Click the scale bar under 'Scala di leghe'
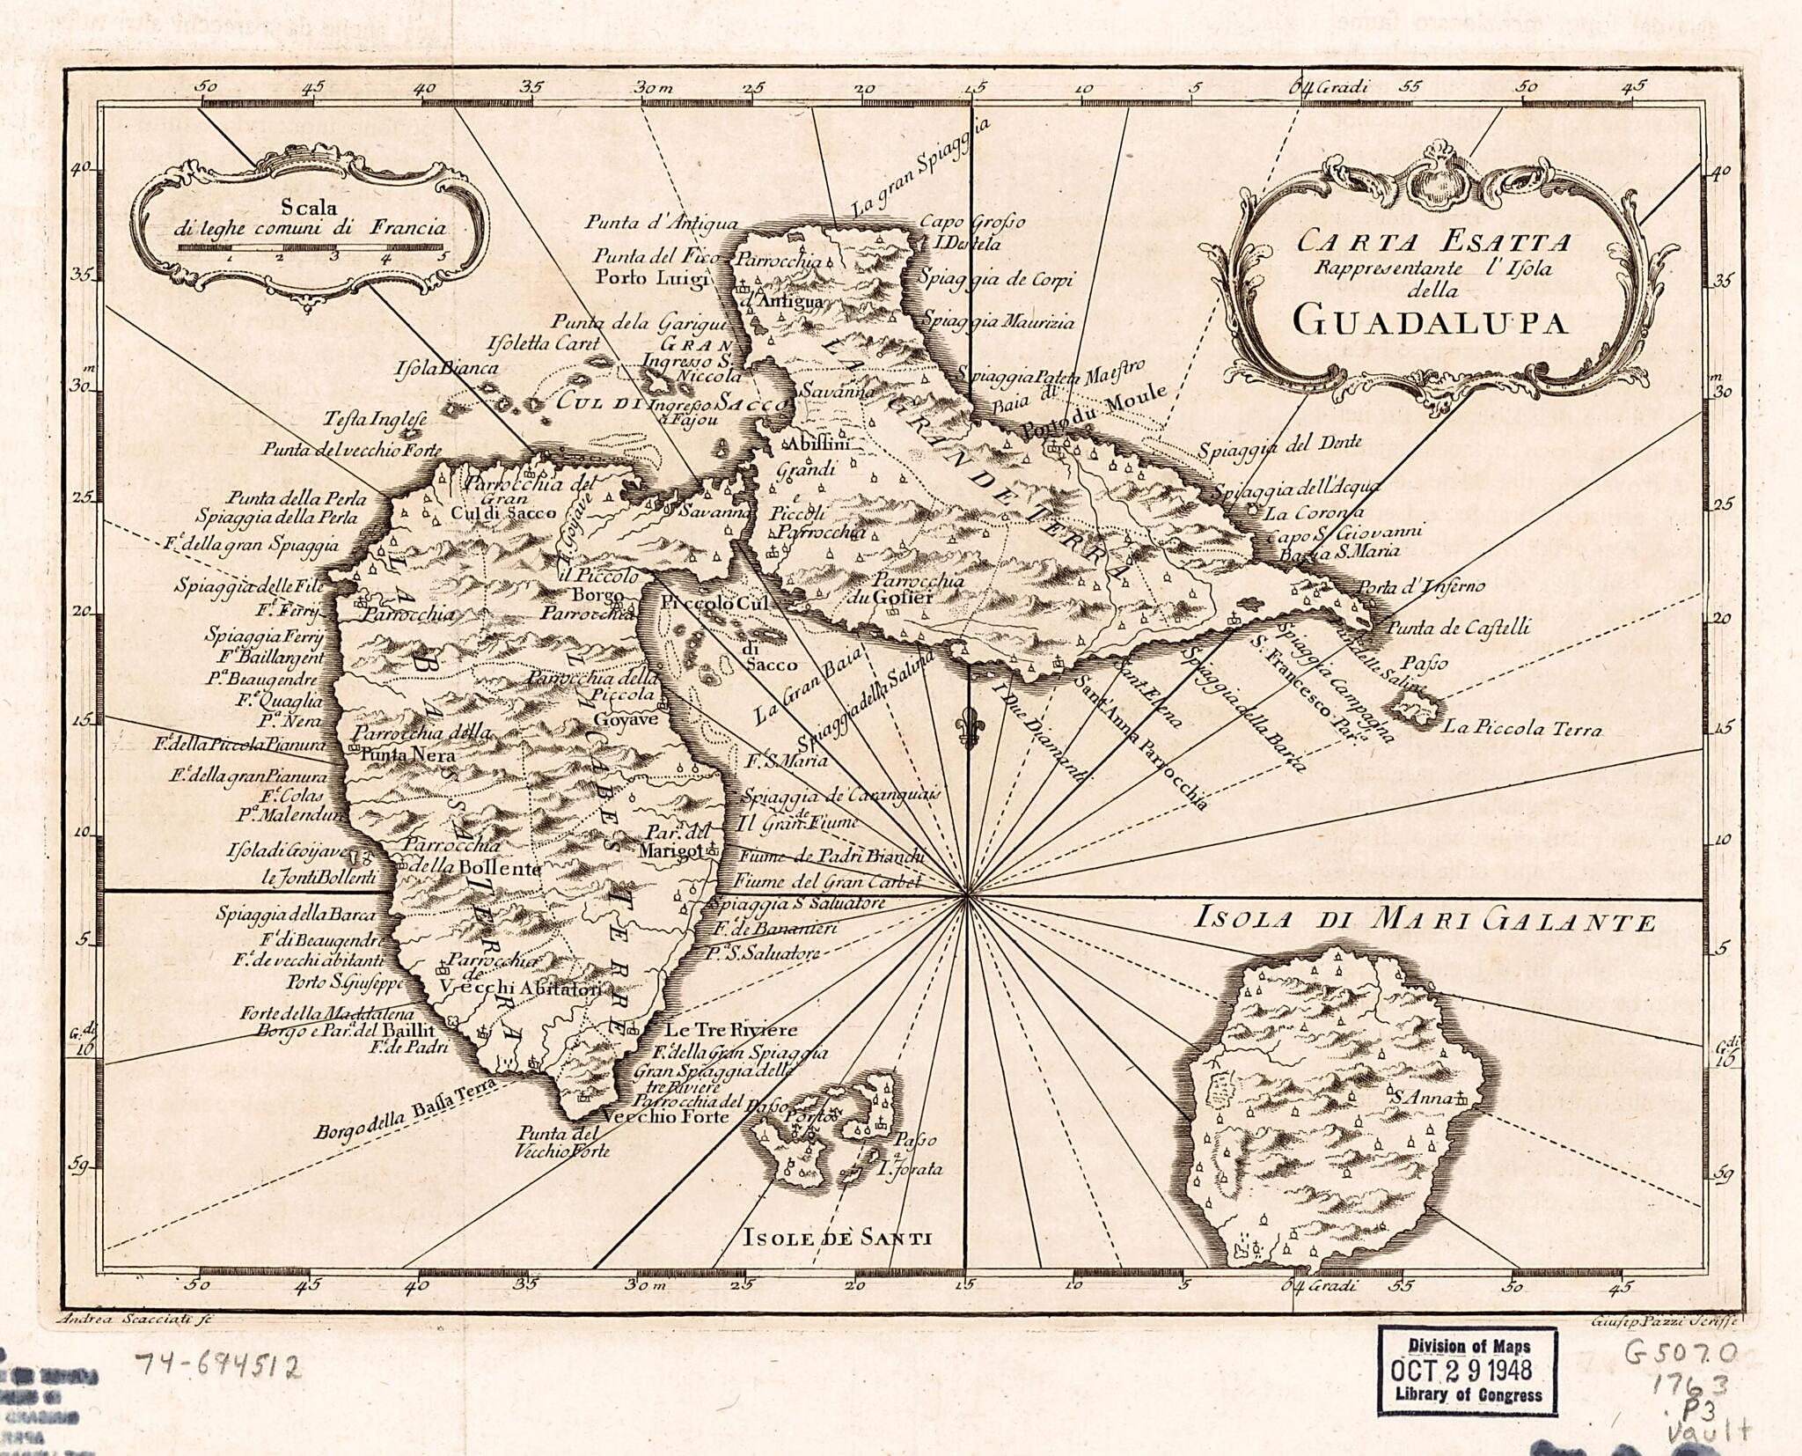pyautogui.click(x=312, y=248)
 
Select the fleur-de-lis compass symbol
pyautogui.click(x=971, y=728)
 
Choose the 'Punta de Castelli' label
pyautogui.click(x=1458, y=628)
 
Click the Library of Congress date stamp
pyautogui.click(x=1467, y=1370)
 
